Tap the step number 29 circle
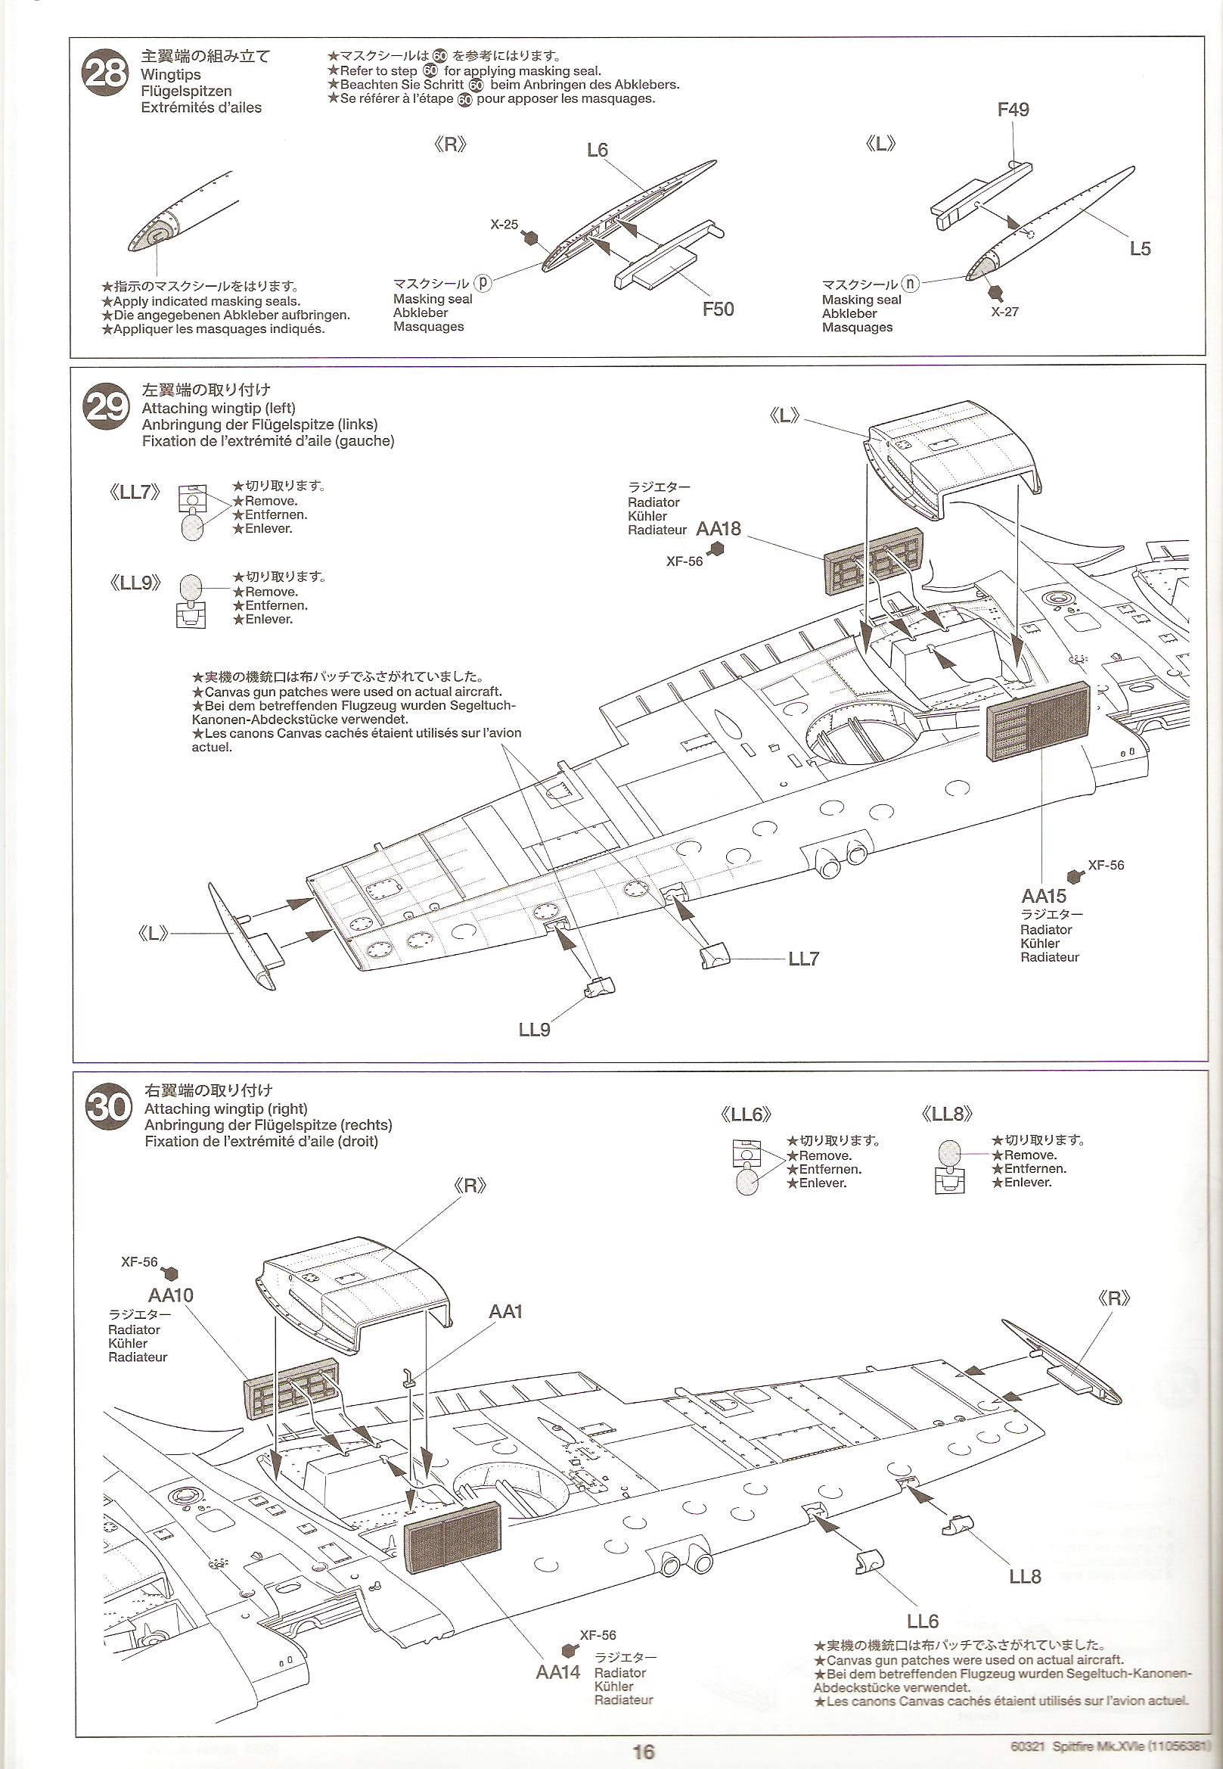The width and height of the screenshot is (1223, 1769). (x=106, y=407)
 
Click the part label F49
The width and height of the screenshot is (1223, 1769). (x=1013, y=110)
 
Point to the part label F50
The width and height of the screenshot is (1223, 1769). (x=718, y=309)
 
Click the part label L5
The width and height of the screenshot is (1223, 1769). (x=1140, y=248)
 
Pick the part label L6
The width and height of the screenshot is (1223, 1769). (x=597, y=150)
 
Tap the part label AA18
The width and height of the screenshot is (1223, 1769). (x=719, y=529)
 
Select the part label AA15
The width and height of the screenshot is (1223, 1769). (x=1044, y=895)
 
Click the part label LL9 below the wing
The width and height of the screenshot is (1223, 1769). (x=534, y=1029)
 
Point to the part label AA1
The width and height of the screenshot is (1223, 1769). (x=506, y=1311)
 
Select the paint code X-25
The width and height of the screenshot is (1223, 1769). (x=504, y=225)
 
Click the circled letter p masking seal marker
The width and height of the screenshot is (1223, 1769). (x=482, y=282)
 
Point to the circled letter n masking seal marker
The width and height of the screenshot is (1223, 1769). (x=910, y=283)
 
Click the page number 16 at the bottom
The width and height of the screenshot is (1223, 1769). (x=643, y=1752)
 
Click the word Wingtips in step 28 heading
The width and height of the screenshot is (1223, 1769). (x=171, y=74)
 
